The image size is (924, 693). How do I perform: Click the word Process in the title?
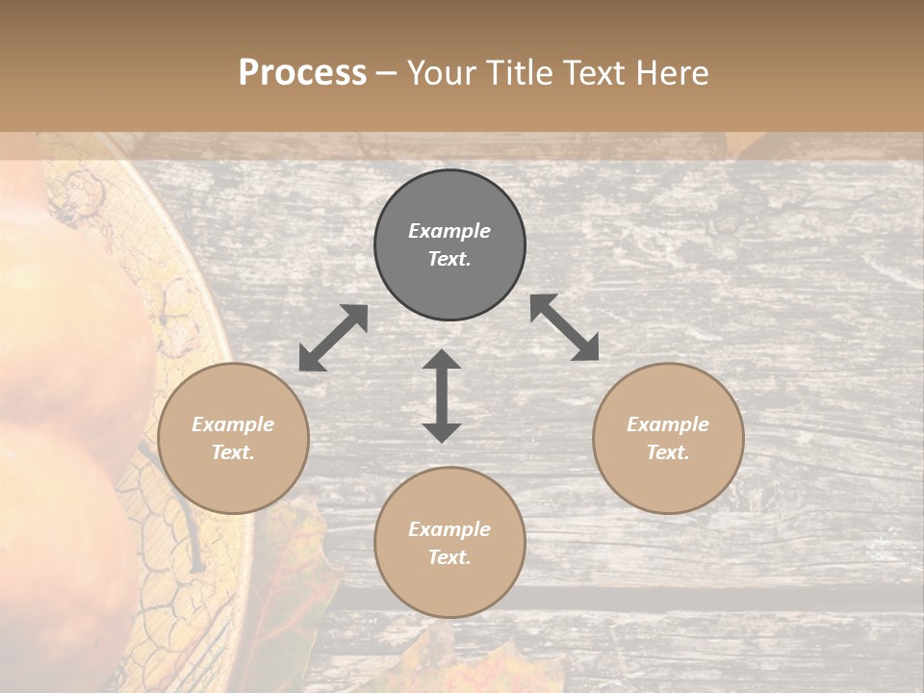click(302, 73)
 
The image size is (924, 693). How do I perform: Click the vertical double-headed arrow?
click(442, 397)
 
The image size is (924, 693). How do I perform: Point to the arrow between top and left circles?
click(333, 338)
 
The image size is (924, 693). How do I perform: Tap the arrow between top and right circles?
click(565, 327)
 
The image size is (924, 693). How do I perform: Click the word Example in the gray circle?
click(449, 231)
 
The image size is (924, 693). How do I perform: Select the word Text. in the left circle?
click(233, 452)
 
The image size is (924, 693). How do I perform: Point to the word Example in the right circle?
click(668, 424)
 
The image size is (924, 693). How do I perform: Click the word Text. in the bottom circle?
click(449, 557)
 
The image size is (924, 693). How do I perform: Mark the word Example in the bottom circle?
click(449, 529)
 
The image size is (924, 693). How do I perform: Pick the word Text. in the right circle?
click(668, 452)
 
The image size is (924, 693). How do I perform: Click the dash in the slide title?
click(387, 73)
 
